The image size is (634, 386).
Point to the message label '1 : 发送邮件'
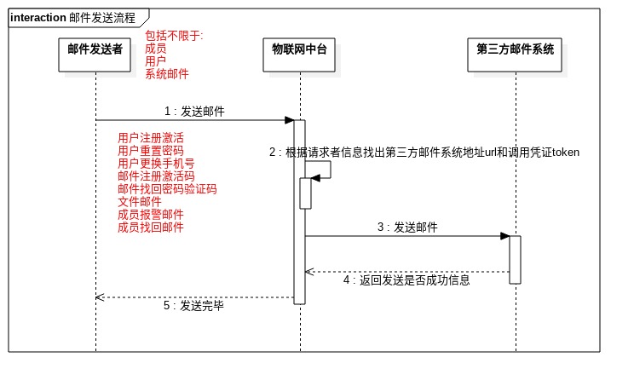[x=195, y=111]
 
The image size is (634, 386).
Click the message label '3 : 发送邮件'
[x=408, y=228]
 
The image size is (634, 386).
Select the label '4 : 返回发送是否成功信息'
[x=406, y=279]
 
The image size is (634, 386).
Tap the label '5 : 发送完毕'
[x=193, y=304]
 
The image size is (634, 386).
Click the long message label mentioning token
[x=424, y=153]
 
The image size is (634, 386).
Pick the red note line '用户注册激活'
[x=151, y=137]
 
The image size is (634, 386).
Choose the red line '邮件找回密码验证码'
[x=167, y=188]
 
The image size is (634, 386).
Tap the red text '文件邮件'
[x=140, y=201]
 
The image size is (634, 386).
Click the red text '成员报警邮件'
[x=151, y=215]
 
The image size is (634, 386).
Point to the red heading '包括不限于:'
[x=174, y=36]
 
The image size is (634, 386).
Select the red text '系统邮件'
[x=167, y=74]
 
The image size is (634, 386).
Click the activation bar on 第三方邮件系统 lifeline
[x=516, y=259]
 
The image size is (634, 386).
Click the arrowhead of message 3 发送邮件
[x=505, y=236]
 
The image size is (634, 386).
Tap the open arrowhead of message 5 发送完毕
[x=100, y=297]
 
